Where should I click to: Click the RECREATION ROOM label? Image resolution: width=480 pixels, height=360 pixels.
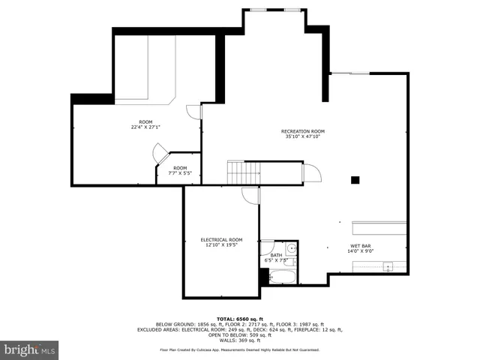(x=303, y=130)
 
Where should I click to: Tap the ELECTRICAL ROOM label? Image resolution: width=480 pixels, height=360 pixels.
(x=221, y=239)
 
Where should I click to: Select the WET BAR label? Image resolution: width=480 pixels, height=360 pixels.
(x=360, y=246)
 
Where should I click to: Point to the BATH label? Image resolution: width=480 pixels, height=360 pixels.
(x=276, y=256)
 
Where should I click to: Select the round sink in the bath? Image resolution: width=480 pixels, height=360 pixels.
(x=291, y=247)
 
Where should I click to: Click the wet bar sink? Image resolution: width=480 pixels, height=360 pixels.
(x=388, y=265)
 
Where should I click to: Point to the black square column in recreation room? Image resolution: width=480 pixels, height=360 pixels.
(x=355, y=180)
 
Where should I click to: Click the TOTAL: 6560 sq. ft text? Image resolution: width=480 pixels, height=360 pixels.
(x=240, y=318)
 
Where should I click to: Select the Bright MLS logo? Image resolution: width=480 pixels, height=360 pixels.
(x=30, y=349)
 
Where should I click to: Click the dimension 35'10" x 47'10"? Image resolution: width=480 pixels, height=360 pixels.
(x=303, y=136)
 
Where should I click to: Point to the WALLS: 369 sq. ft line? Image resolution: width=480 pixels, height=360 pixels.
(x=240, y=340)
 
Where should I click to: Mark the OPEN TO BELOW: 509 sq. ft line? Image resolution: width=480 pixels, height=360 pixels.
(x=240, y=334)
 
